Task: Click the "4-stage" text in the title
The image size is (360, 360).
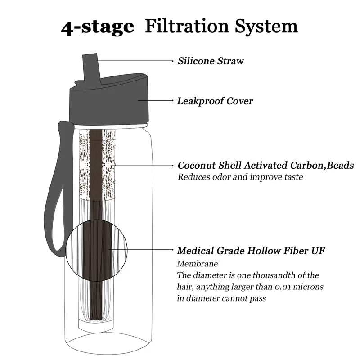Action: (98, 27)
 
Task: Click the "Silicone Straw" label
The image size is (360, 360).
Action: (211, 61)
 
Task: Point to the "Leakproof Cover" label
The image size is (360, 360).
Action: (215, 101)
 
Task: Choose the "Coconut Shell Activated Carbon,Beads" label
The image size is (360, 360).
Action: (265, 166)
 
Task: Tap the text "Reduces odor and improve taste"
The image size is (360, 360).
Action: (240, 177)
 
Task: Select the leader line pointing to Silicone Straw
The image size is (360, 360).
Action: (135, 60)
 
